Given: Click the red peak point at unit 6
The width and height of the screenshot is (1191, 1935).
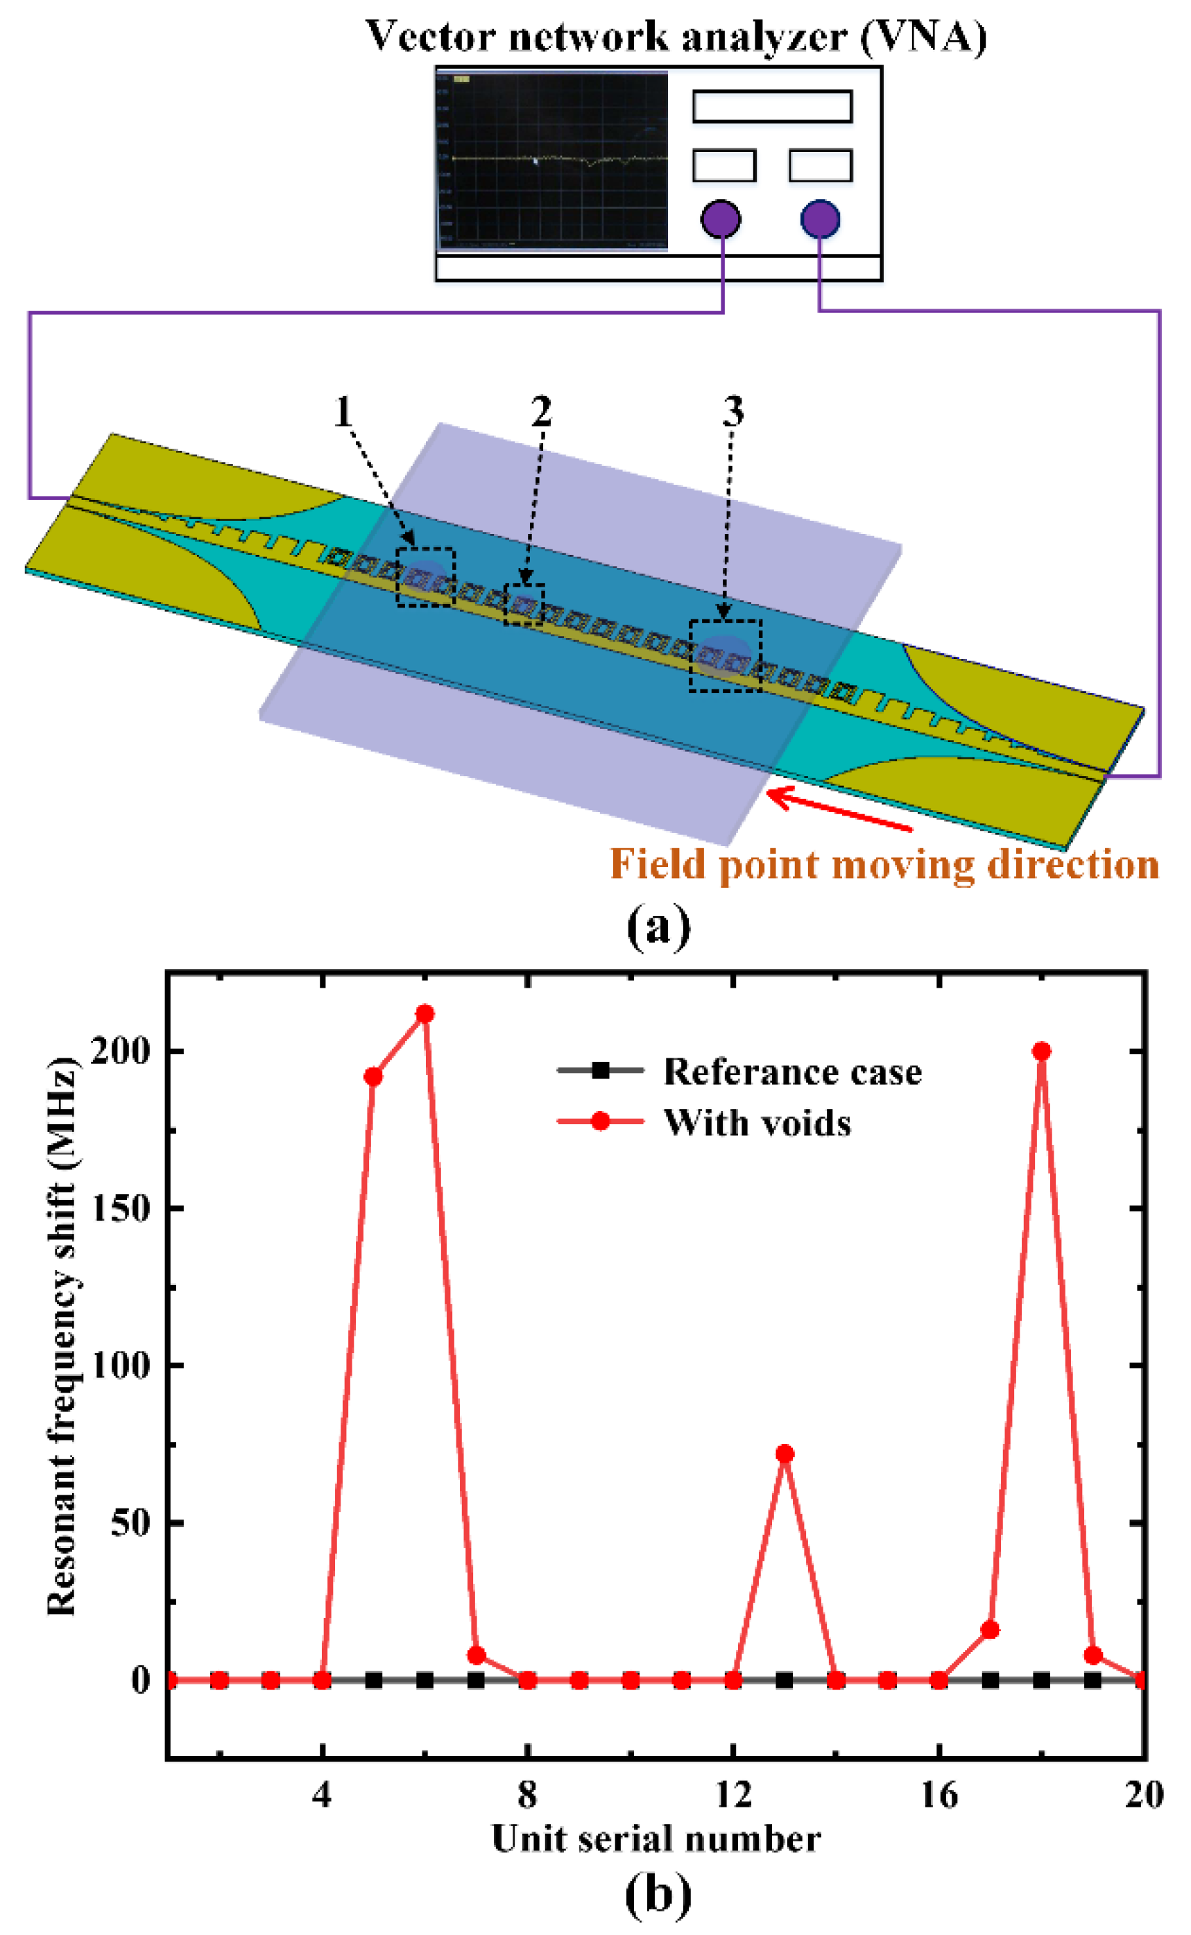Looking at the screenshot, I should [425, 1013].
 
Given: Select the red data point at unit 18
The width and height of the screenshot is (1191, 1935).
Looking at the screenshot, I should [1041, 1051].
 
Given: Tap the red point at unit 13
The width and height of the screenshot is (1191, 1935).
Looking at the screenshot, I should [785, 1454].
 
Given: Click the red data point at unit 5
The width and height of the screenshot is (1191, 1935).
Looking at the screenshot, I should [373, 1076].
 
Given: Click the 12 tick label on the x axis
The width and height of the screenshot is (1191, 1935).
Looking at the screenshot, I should [733, 1795].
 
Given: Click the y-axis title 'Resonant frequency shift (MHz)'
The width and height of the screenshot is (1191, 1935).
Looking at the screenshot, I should [62, 1336].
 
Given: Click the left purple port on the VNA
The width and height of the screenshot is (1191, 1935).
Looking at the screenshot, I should [720, 219].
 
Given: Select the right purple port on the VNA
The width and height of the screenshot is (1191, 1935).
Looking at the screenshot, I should [820, 219].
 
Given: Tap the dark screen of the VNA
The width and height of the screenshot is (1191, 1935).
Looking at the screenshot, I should [552, 161].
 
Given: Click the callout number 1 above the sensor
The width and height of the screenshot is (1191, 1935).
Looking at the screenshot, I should [343, 411].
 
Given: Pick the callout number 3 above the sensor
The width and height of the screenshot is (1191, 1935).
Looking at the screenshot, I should [733, 411].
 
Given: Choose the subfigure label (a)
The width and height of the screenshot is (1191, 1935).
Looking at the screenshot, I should [658, 927].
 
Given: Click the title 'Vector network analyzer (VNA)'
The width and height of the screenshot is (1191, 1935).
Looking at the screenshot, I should [676, 36].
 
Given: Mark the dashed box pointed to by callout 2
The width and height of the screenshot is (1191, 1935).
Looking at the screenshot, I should [524, 605].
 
